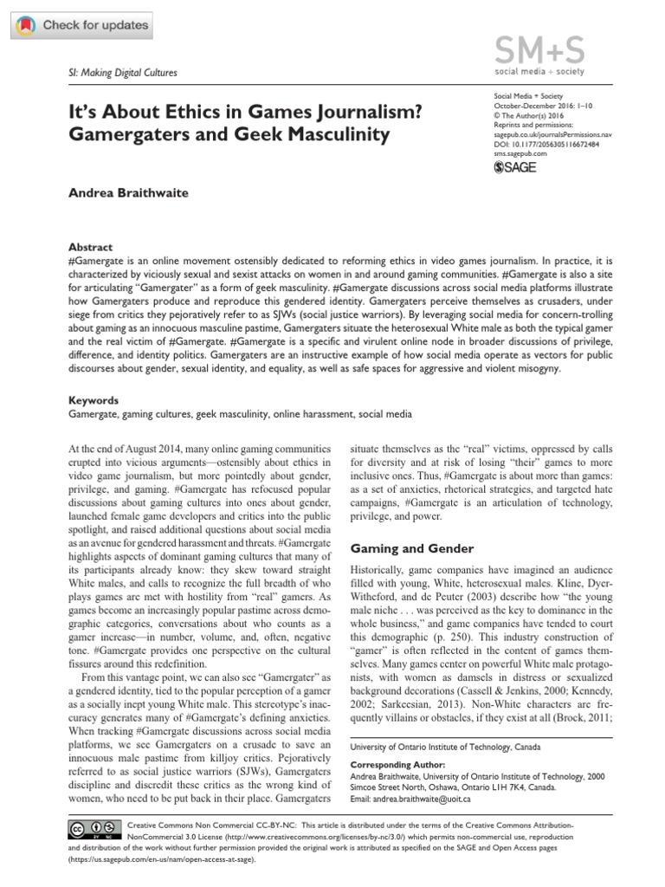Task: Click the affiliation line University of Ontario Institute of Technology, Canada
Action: (443, 745)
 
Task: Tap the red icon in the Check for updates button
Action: (27, 26)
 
